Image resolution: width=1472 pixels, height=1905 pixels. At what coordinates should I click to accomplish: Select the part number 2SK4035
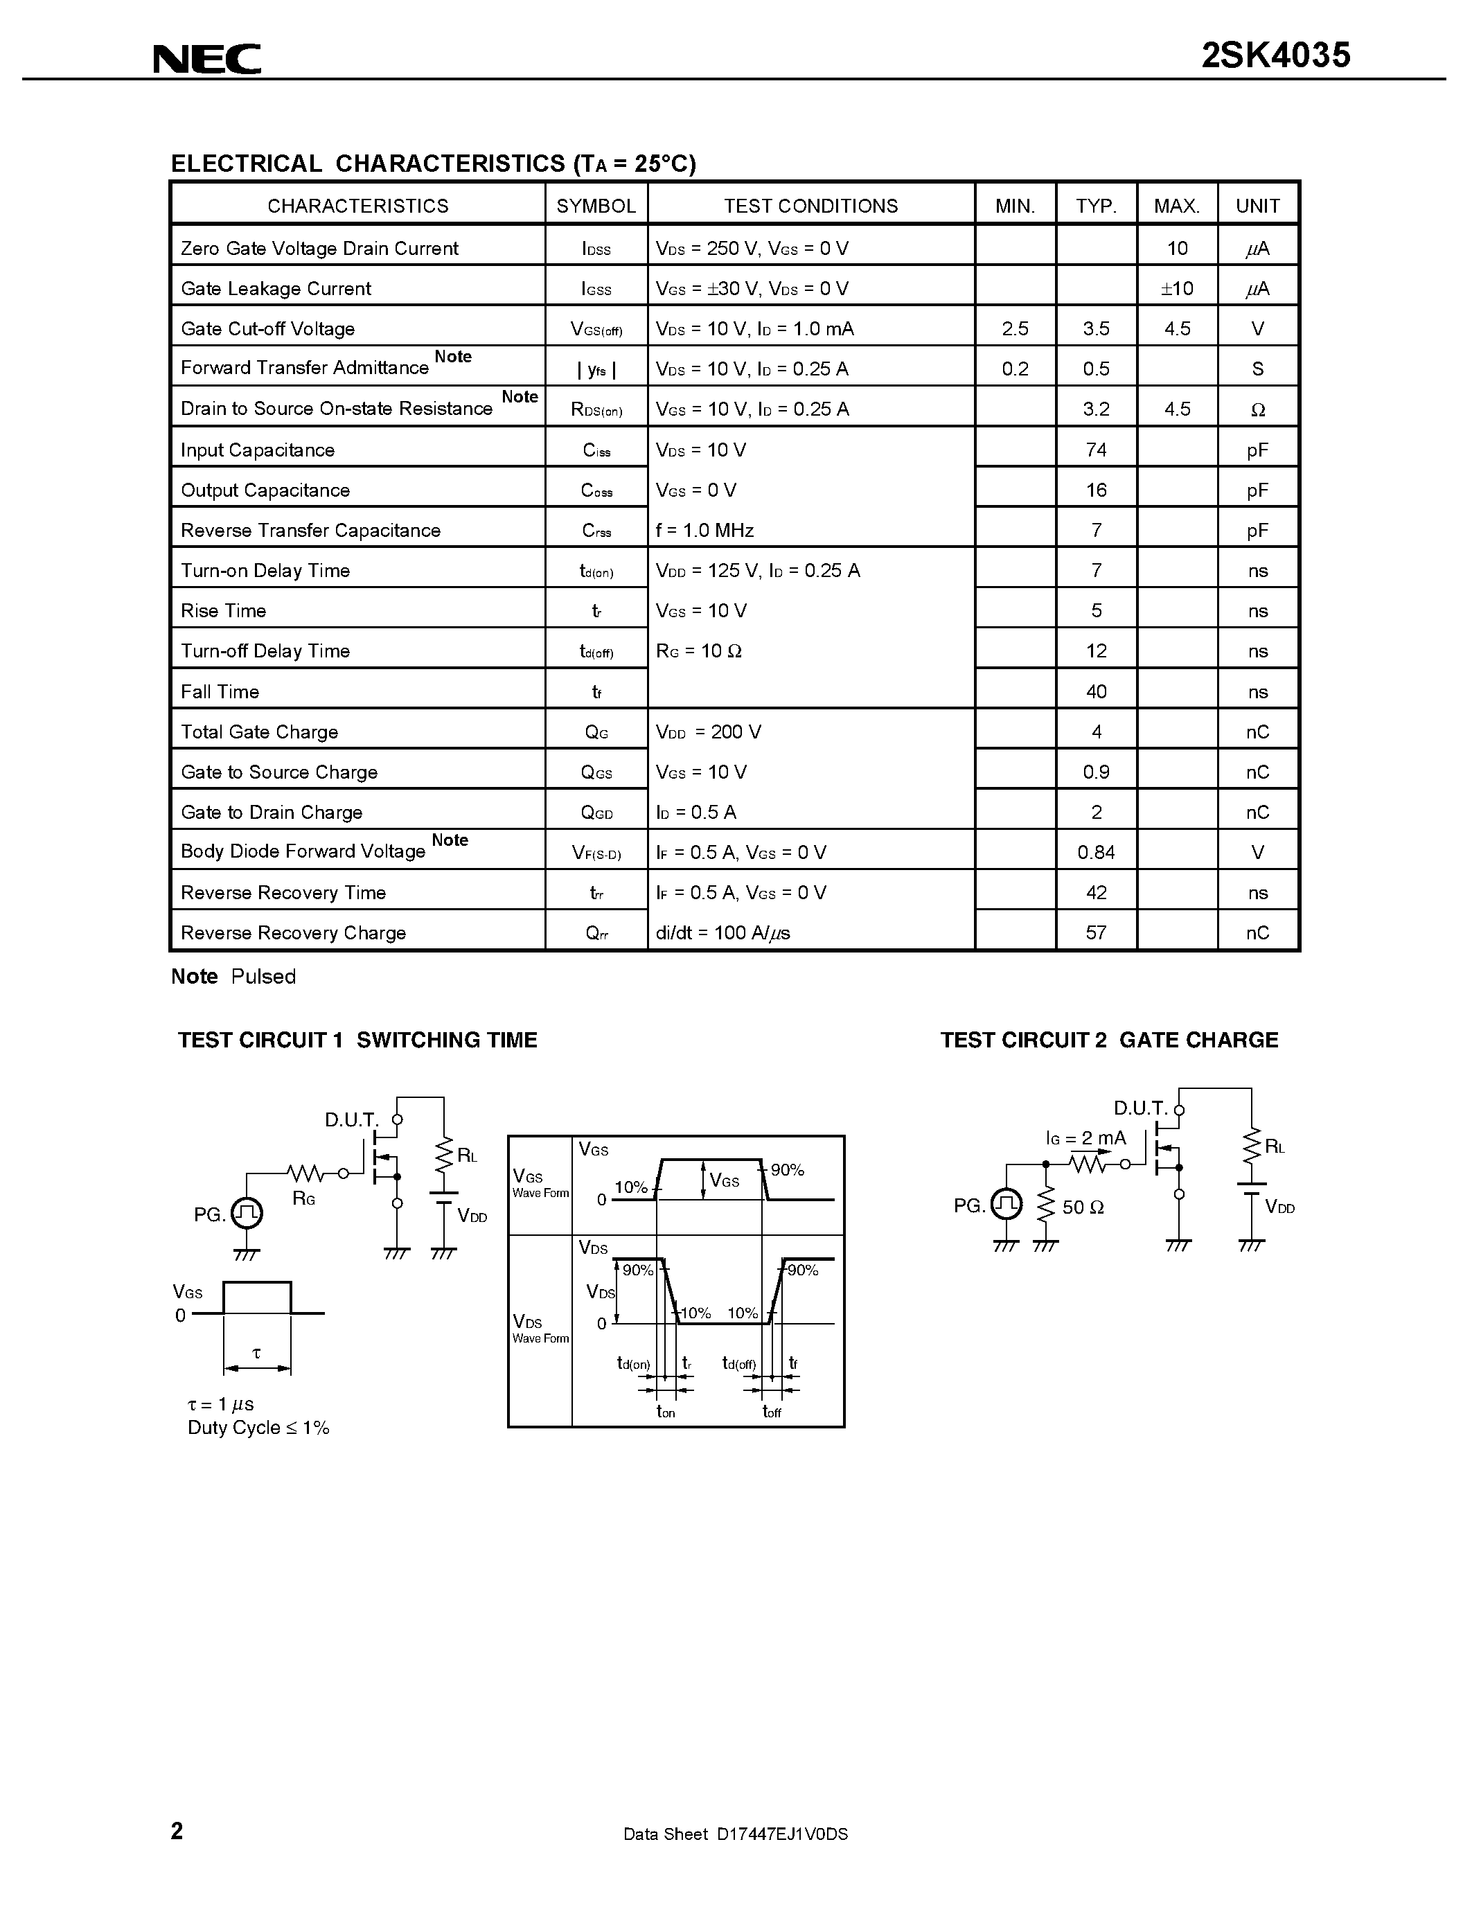(x=1276, y=56)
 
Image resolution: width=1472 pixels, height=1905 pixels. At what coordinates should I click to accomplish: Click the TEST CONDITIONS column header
(x=810, y=206)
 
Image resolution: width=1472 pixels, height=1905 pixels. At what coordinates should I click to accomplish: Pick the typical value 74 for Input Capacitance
(x=1096, y=450)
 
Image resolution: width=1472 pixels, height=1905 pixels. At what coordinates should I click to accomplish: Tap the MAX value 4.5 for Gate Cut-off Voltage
(x=1177, y=329)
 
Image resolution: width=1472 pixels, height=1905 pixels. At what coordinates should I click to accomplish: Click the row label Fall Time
(x=220, y=692)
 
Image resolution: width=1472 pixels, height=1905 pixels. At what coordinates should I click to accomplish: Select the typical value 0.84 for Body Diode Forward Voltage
(x=1096, y=852)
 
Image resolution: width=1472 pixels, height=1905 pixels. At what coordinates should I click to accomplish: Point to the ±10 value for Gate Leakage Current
(x=1176, y=289)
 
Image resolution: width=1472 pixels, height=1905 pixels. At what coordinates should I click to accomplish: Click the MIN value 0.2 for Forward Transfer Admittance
(x=1015, y=369)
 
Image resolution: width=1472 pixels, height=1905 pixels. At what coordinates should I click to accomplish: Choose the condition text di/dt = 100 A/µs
(x=723, y=932)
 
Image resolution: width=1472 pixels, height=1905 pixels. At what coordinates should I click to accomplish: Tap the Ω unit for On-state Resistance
(x=1257, y=409)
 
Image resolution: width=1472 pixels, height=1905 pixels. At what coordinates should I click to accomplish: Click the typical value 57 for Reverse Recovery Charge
(x=1096, y=932)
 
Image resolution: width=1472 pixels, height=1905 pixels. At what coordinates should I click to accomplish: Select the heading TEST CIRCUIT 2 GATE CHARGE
(x=1109, y=1040)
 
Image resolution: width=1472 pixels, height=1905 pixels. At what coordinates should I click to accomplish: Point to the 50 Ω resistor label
(x=1083, y=1207)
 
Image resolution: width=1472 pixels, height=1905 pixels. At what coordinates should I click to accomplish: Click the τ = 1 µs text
(x=220, y=1403)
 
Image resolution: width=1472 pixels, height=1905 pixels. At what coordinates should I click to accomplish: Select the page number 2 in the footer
(x=177, y=1830)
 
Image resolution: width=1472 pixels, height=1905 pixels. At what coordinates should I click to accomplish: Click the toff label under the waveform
(x=772, y=1411)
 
